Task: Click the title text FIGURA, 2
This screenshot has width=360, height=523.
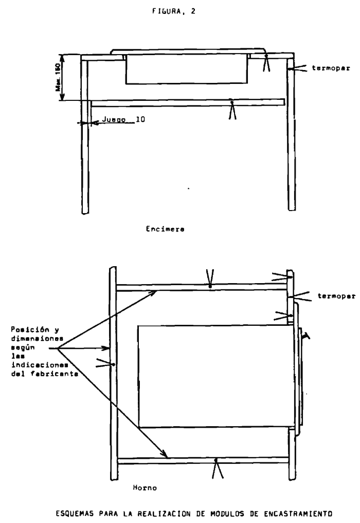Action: click(174, 11)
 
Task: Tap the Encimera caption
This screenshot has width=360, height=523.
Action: click(165, 229)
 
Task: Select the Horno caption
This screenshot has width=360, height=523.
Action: click(145, 487)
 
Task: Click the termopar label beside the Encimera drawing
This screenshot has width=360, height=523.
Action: click(331, 68)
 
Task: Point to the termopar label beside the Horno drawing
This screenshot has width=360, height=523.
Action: click(336, 296)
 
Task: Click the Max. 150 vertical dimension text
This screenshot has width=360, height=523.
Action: click(58, 77)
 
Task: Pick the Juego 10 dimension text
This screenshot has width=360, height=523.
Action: click(123, 119)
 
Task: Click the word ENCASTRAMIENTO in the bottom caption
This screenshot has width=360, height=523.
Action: click(298, 514)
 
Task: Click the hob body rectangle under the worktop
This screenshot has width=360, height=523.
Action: click(187, 69)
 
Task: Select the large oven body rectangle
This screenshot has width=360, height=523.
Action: click(216, 376)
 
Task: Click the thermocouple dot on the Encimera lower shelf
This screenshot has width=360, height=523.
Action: click(231, 100)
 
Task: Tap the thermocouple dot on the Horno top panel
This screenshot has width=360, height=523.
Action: click(210, 287)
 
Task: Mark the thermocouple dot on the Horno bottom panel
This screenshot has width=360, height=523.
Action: click(215, 460)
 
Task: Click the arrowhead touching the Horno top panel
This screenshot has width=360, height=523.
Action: click(153, 292)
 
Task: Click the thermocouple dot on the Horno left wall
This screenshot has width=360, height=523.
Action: click(114, 364)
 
